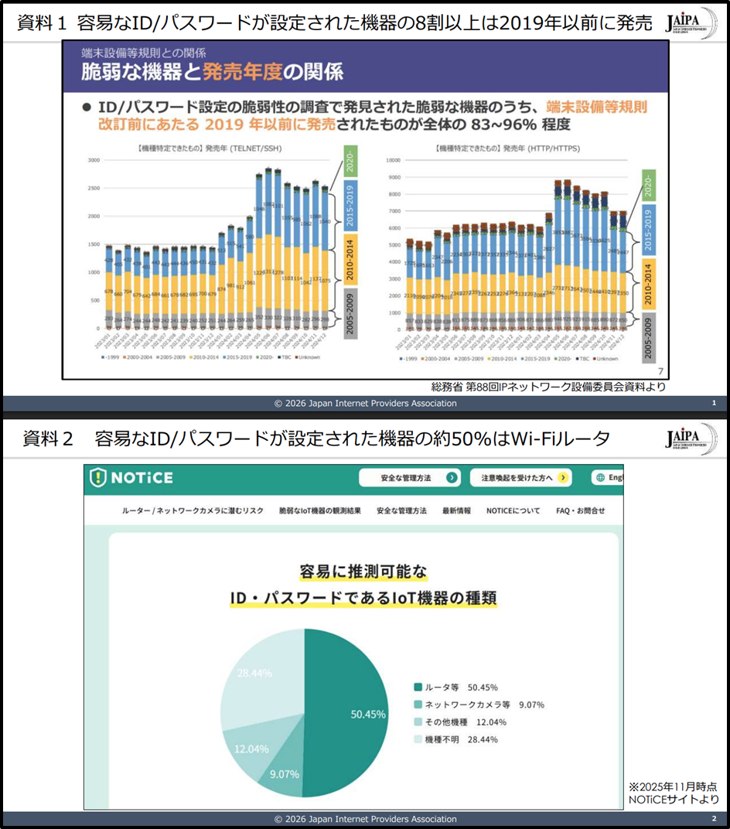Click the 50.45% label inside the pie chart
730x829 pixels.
click(368, 715)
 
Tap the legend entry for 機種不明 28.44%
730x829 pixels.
click(457, 739)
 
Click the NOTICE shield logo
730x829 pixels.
click(98, 478)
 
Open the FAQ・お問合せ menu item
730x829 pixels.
click(580, 511)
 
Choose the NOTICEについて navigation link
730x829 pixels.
click(513, 511)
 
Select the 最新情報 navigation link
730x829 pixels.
click(456, 511)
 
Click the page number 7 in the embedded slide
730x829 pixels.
click(660, 371)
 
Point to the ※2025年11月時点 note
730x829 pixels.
click(674, 786)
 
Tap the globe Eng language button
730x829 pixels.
click(609, 478)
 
